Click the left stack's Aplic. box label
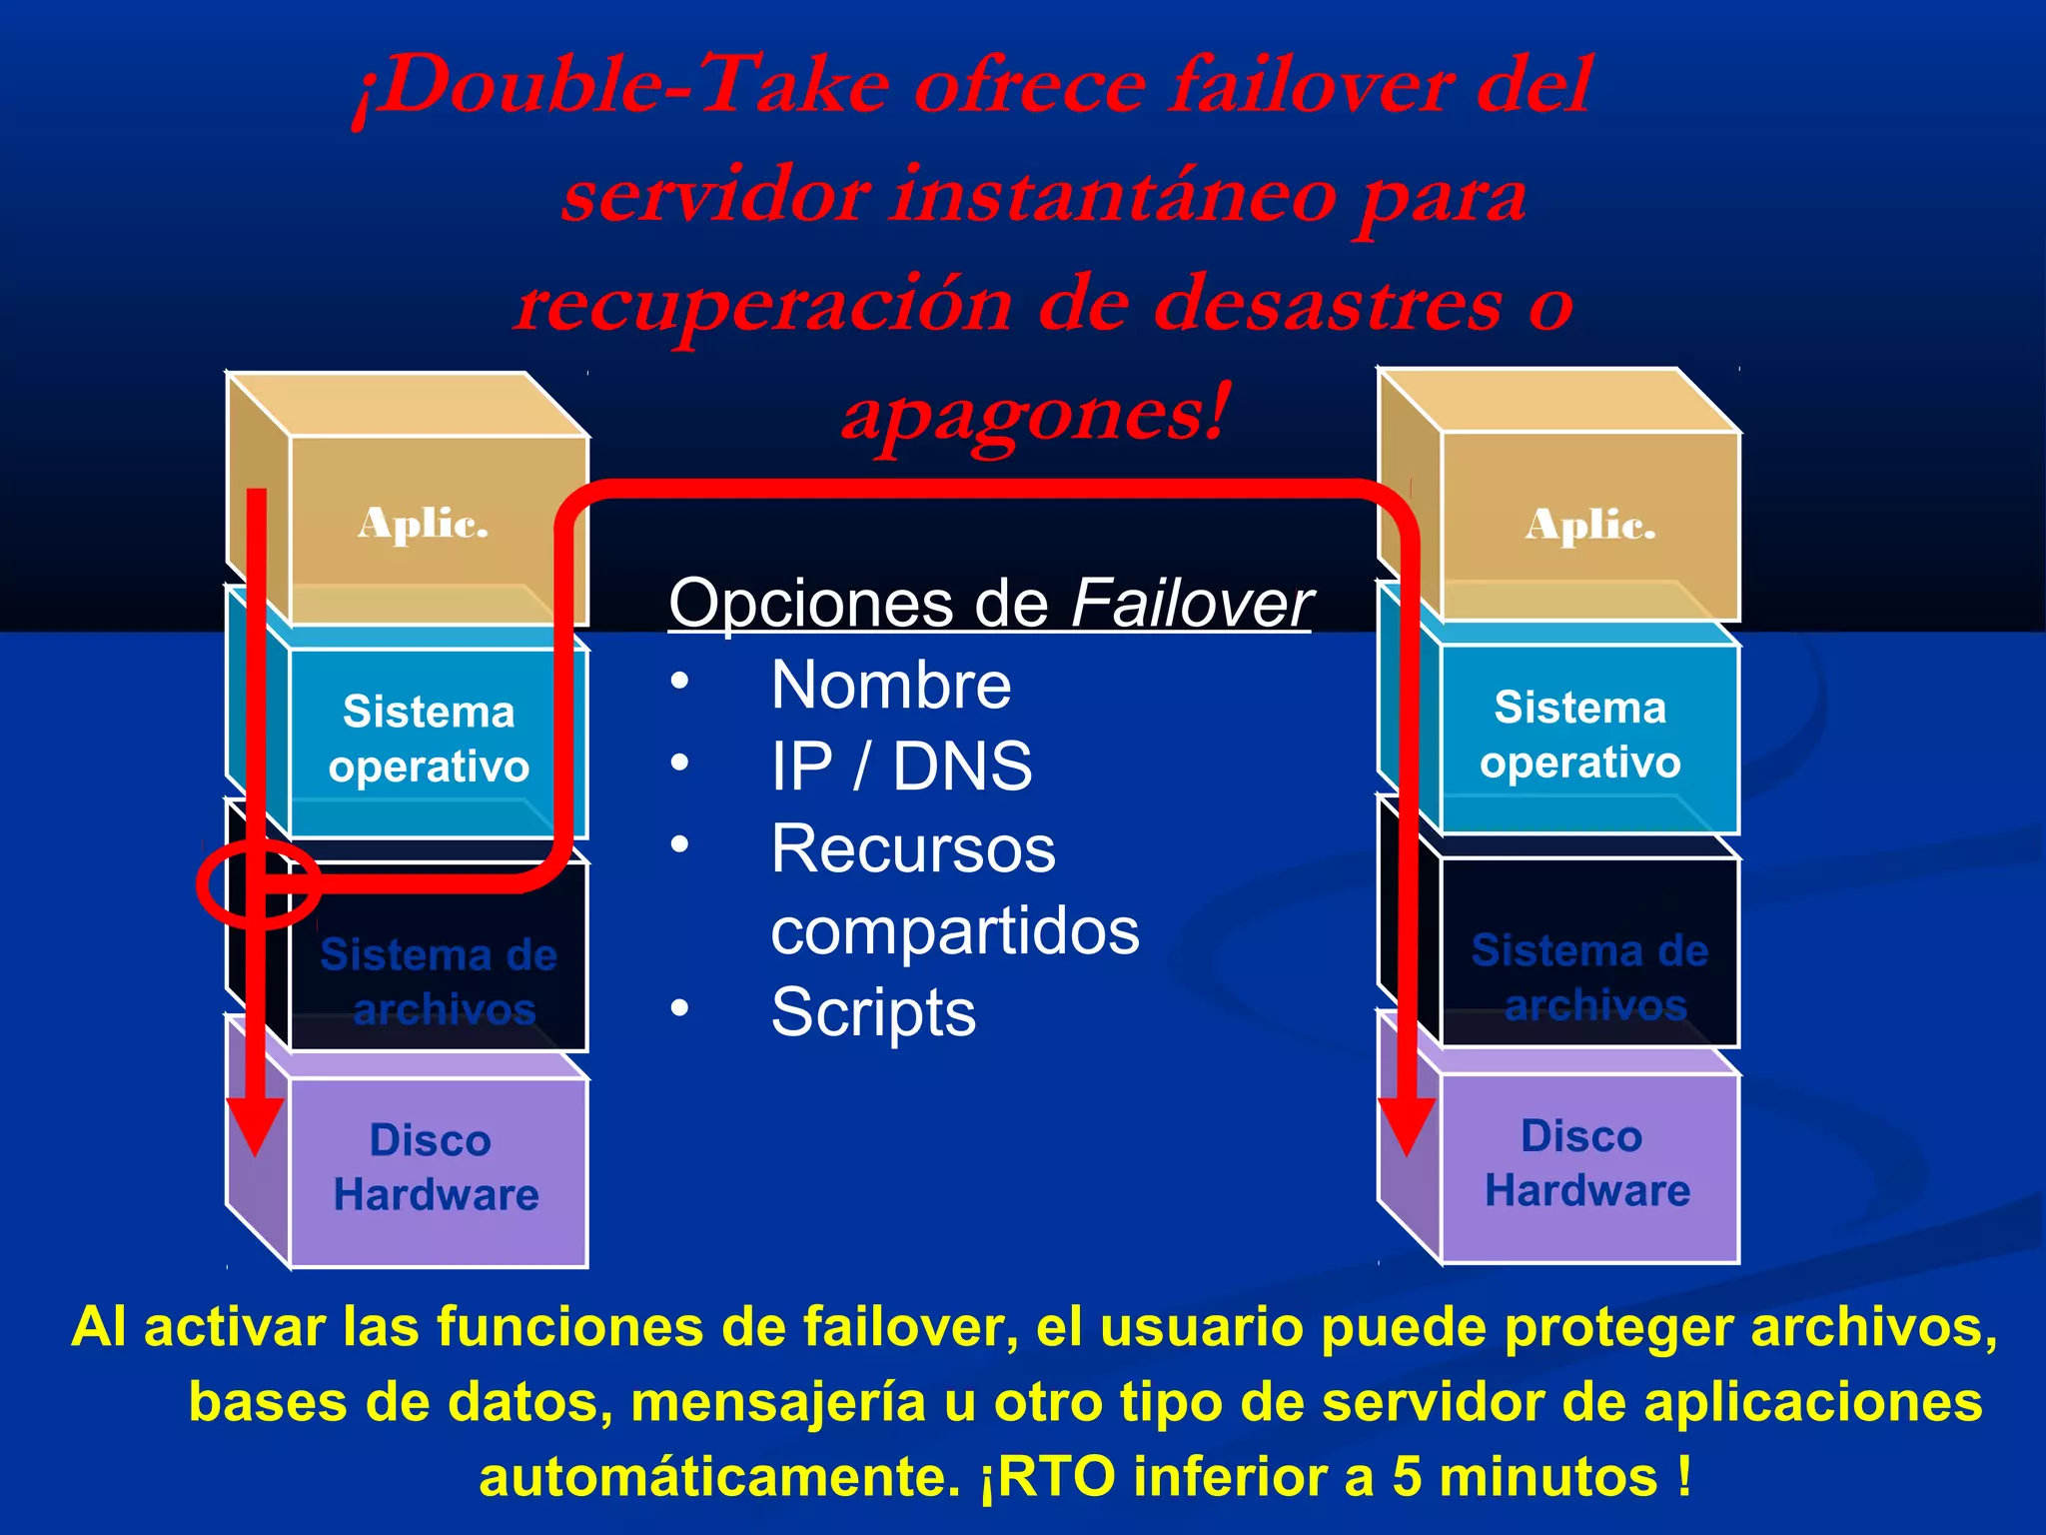(x=423, y=524)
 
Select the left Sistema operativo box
(x=430, y=740)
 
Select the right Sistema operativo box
(x=1580, y=736)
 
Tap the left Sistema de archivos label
(x=439, y=981)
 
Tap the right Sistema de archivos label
(x=1589, y=977)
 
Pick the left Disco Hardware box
(x=436, y=1167)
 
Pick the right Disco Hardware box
(x=1586, y=1163)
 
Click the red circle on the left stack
(x=258, y=884)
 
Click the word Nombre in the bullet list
(x=890, y=686)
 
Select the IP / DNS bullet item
(x=901, y=767)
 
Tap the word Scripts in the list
(x=873, y=1012)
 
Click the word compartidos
(x=954, y=930)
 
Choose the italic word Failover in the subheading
(x=1191, y=604)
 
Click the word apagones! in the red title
(x=1035, y=415)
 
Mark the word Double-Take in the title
(x=619, y=86)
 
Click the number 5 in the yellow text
(x=1406, y=1476)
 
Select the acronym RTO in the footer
(x=1056, y=1476)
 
